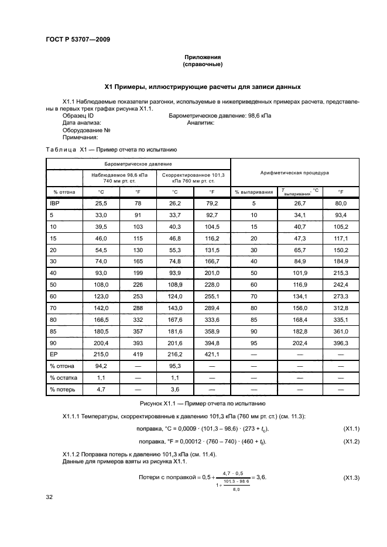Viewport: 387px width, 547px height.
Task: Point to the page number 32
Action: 50,497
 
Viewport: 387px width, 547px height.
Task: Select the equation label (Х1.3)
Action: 351,478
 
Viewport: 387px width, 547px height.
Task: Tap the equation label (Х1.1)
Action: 351,429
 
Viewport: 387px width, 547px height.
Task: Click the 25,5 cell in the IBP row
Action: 101,203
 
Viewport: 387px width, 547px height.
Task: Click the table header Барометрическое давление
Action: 138,164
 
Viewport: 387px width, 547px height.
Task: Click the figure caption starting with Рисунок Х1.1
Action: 202,404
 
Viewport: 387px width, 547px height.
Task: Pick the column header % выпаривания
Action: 254,191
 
